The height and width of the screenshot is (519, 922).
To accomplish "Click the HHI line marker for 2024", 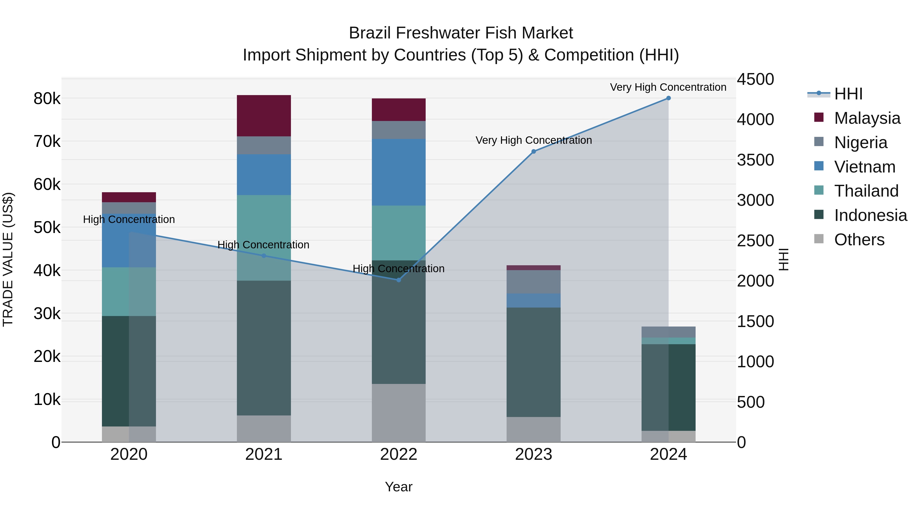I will pos(668,98).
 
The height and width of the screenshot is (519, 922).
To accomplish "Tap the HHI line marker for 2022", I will pos(399,280).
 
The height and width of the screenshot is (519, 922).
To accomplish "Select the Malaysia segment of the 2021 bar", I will pos(264,116).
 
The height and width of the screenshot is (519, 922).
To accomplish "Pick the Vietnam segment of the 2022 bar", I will pos(399,172).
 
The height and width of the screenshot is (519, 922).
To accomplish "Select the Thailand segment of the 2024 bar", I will pos(668,341).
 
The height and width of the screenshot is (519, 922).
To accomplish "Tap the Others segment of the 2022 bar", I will pos(399,413).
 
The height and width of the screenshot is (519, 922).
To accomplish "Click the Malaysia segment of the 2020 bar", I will pos(129,197).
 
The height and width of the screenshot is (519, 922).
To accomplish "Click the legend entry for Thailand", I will pos(866,191).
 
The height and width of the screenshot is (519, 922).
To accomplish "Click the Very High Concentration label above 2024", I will pos(668,87).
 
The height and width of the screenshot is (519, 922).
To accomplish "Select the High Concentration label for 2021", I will pos(264,245).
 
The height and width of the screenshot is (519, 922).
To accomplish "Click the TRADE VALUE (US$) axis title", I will pos(8,259).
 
